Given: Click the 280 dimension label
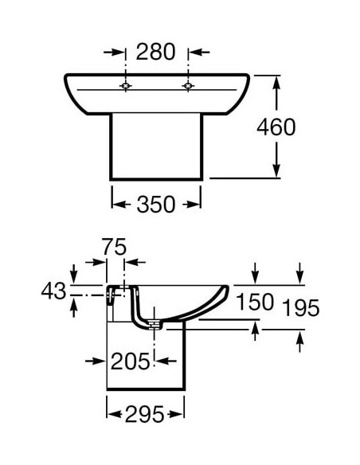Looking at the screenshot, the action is pyautogui.click(x=155, y=52).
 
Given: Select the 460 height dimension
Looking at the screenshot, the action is pyautogui.click(x=276, y=127).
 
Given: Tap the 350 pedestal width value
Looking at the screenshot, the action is pyautogui.click(x=156, y=205).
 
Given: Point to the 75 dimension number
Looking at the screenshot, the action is pyautogui.click(x=115, y=247).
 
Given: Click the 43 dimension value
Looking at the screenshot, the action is pyautogui.click(x=53, y=291).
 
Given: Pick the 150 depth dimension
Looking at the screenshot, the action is pyautogui.click(x=255, y=302).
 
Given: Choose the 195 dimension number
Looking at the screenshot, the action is pyautogui.click(x=300, y=308).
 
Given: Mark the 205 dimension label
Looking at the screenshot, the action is pyautogui.click(x=130, y=361).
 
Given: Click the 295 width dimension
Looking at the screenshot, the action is pyautogui.click(x=145, y=414).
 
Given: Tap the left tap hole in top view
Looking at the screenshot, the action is pyautogui.click(x=126, y=86).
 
